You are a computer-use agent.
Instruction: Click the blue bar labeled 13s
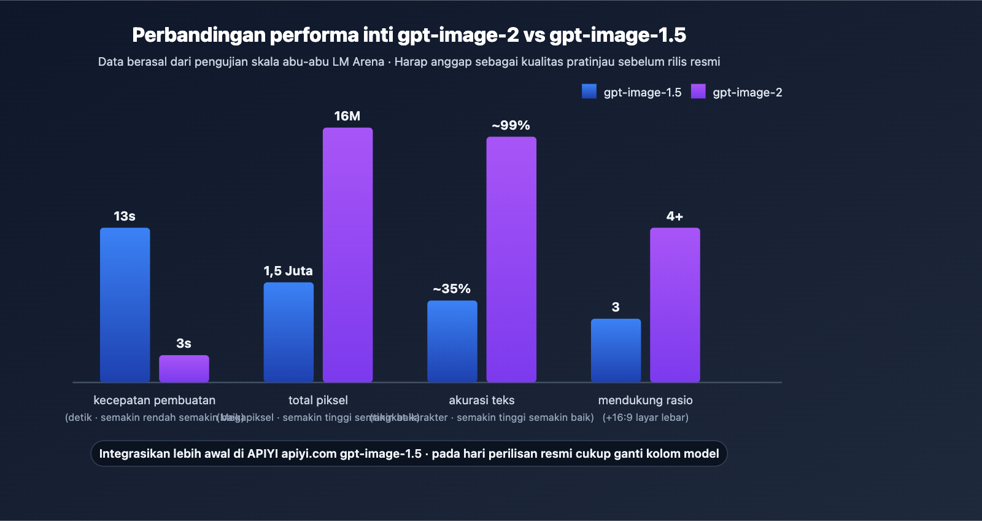[125, 305]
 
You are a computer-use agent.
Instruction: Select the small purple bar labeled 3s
[184, 369]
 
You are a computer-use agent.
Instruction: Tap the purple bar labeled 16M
[347, 255]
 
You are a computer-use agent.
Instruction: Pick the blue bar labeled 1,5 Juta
[288, 332]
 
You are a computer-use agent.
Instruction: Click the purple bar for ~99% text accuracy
[511, 259]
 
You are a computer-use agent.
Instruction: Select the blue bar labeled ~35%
[452, 341]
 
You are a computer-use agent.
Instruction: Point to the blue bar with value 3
[616, 350]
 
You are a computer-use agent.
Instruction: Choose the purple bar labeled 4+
[675, 305]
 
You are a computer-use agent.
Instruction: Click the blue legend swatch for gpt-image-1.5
[589, 92]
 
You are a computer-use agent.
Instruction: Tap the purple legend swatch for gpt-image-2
[698, 92]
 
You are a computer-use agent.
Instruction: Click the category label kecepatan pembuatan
[154, 400]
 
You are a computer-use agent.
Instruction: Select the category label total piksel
[318, 400]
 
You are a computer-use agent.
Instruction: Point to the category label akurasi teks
[482, 400]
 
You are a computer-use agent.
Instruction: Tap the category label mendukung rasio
[645, 400]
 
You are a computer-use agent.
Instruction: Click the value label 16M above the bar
[347, 116]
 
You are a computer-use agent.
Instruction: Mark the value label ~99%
[511, 125]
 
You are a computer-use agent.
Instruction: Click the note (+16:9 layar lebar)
[645, 417]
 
